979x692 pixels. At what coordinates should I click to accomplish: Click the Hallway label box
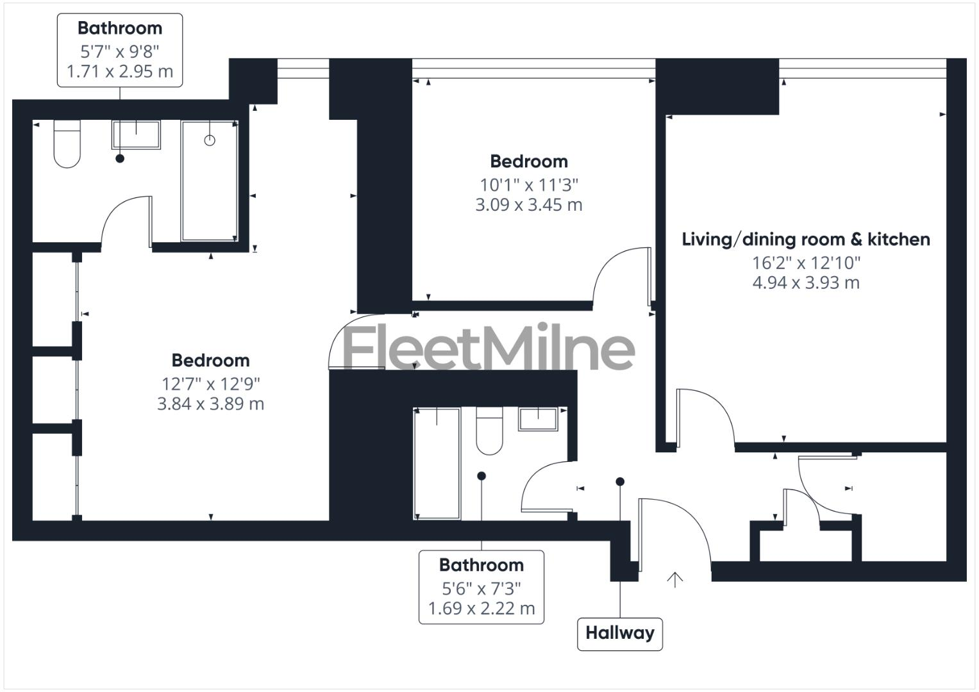pos(619,634)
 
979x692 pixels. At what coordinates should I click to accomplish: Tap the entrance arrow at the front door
pos(674,579)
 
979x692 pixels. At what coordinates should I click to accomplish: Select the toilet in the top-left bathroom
pos(67,145)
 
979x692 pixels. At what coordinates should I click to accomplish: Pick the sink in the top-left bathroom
pos(137,134)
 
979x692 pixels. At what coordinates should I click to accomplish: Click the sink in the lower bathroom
pos(539,419)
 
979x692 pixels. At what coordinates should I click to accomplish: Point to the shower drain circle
pos(210,140)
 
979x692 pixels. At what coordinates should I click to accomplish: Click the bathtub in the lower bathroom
pos(437,463)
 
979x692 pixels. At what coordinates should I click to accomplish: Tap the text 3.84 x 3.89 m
pos(210,404)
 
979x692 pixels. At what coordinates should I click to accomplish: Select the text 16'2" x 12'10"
pos(806,263)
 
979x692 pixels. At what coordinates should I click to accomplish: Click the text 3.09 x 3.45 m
pos(528,206)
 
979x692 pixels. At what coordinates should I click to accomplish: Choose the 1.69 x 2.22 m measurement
pos(481,609)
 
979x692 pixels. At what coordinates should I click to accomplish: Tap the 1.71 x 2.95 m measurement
pos(120,72)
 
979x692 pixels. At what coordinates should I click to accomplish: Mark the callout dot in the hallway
pos(620,481)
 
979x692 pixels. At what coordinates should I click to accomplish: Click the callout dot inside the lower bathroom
pos(481,476)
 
